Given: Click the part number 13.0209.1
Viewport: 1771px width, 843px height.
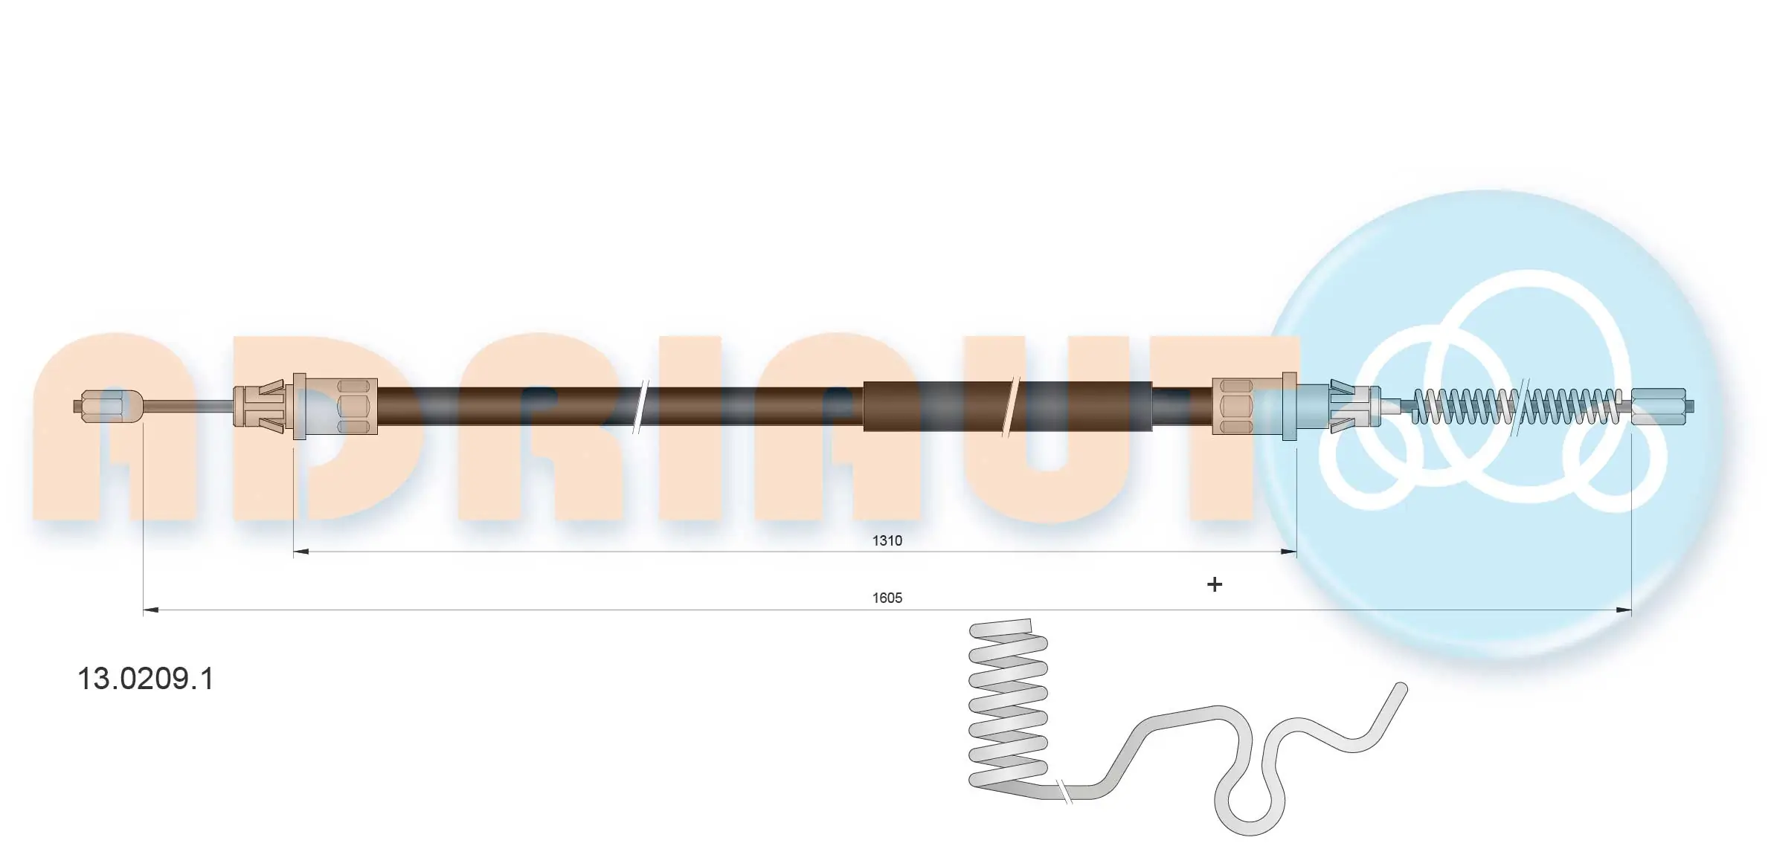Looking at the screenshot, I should (x=146, y=679).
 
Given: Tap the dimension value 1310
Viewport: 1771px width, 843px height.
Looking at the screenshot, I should (x=887, y=540).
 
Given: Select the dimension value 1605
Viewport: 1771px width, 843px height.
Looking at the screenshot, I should (x=887, y=598).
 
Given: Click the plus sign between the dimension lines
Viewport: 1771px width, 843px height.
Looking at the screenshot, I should (x=1214, y=585).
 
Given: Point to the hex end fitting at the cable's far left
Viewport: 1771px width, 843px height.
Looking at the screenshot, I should (x=108, y=407).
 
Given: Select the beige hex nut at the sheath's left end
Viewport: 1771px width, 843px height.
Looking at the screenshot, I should (x=353, y=407).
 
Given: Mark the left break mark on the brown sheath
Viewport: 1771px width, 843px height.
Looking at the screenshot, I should (x=640, y=406).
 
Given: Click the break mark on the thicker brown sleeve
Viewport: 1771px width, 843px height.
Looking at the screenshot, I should (x=1009, y=406).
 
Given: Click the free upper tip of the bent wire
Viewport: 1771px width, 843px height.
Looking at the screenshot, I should (x=1400, y=690).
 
